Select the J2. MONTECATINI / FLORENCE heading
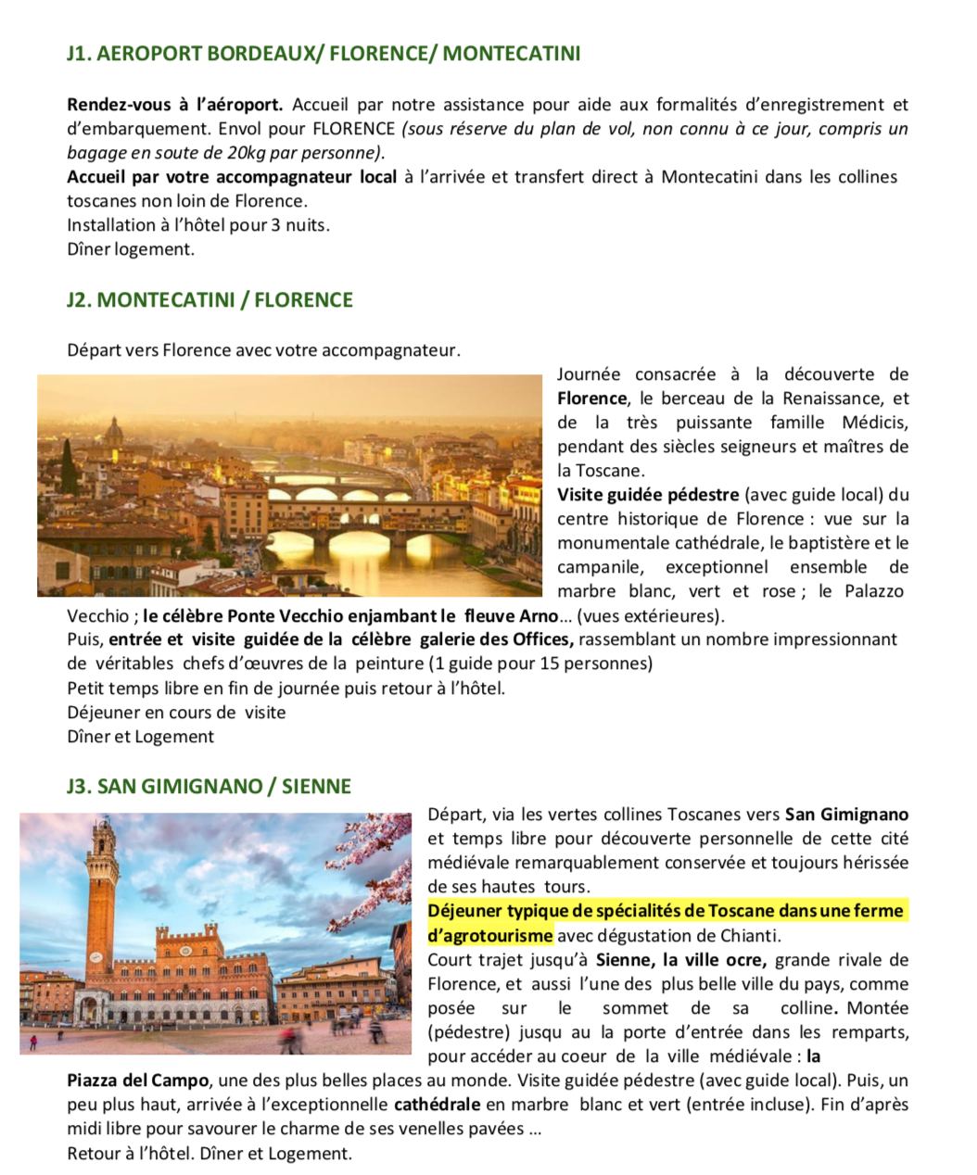click(x=209, y=300)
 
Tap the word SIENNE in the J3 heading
click(x=316, y=787)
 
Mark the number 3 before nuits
click(x=275, y=225)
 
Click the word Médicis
click(x=874, y=423)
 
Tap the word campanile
click(x=596, y=567)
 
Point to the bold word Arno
click(x=539, y=616)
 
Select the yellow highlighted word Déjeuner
click(x=465, y=911)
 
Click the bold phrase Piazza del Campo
click(x=137, y=1080)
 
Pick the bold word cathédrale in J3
click(x=437, y=1105)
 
